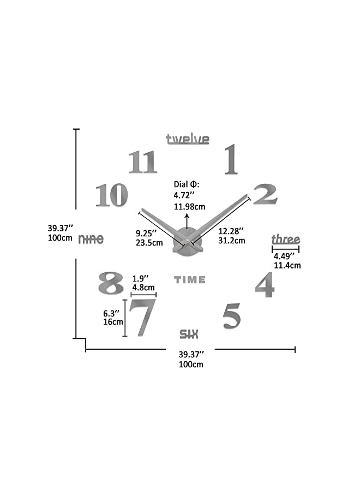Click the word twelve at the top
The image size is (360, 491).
click(188, 139)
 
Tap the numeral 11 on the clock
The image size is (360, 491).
click(143, 163)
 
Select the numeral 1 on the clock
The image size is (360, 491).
click(231, 159)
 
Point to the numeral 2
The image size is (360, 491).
click(265, 195)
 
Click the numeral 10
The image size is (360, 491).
click(112, 195)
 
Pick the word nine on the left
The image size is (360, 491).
click(91, 239)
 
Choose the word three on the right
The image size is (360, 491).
click(286, 239)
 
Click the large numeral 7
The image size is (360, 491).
click(142, 318)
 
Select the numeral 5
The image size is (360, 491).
click(232, 316)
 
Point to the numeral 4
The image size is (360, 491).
click(265, 285)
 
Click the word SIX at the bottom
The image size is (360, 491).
click(189, 334)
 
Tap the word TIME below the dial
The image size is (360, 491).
click(190, 280)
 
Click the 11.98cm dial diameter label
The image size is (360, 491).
click(189, 206)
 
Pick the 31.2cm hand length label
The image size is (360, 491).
click(231, 240)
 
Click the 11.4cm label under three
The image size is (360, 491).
click(287, 266)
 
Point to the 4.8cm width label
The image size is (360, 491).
click(143, 288)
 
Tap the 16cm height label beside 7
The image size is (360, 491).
click(113, 322)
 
